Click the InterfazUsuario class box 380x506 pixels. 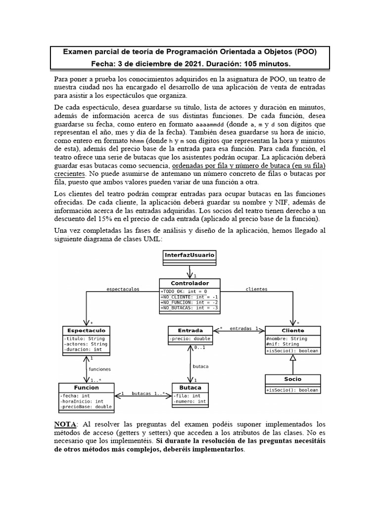pyautogui.click(x=190, y=255)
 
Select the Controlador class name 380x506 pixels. pyautogui.click(x=190, y=284)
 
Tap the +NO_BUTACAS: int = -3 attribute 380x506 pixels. pyautogui.click(x=190, y=307)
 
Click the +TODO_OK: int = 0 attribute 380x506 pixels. pyautogui.click(x=184, y=291)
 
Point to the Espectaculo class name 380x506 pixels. pyautogui.click(x=87, y=330)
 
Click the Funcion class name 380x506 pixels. pyautogui.click(x=87, y=387)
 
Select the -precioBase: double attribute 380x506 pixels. pyautogui.click(x=87, y=407)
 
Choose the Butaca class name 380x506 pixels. pyautogui.click(x=190, y=387)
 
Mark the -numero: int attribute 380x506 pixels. pyautogui.click(x=190, y=402)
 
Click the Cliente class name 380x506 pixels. pyautogui.click(x=293, y=330)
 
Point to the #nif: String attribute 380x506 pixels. pyautogui.click(x=284, y=344)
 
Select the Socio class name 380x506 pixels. pyautogui.click(x=293, y=379)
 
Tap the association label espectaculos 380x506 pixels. pyautogui.click(x=123, y=289)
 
